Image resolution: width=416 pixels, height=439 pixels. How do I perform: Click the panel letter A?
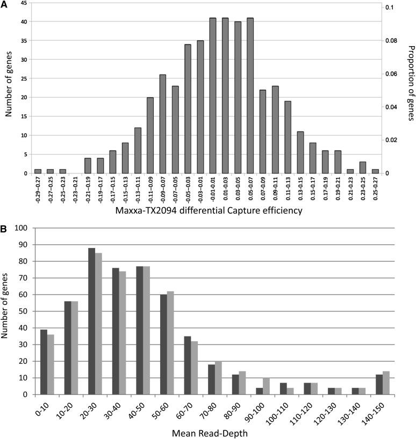coord(5,5)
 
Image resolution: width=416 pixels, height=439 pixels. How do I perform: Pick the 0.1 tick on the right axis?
coord(389,8)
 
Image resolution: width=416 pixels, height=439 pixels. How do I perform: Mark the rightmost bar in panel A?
coord(375,171)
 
